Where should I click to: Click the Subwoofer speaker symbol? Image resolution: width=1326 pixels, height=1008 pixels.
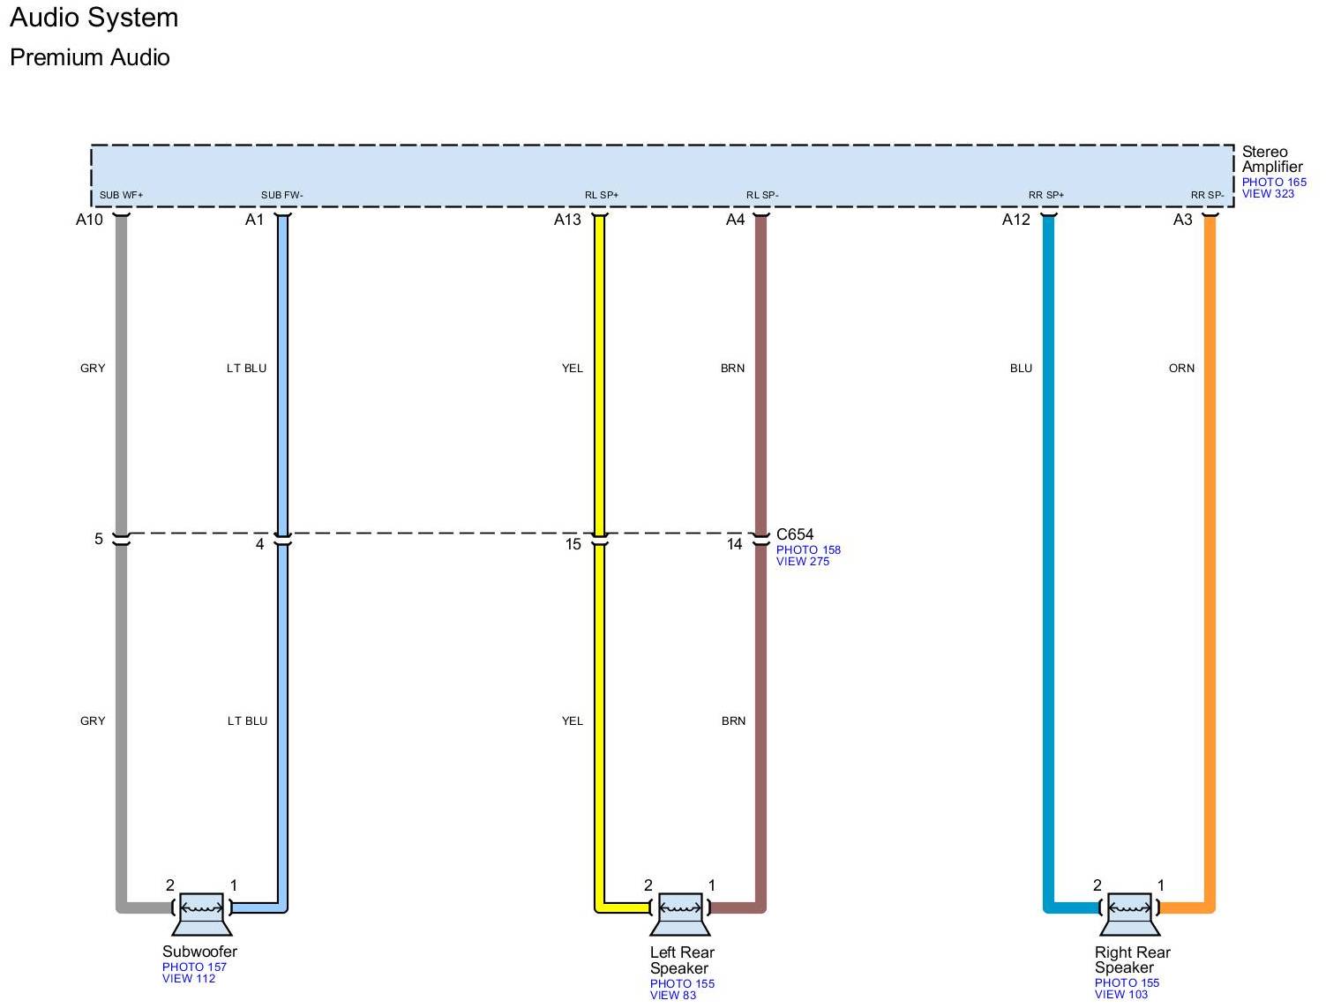[201, 912]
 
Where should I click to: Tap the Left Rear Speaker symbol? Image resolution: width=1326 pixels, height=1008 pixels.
[680, 912]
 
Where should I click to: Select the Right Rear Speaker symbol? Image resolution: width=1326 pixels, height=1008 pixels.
[1129, 912]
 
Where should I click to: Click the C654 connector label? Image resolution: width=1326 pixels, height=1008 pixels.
[795, 534]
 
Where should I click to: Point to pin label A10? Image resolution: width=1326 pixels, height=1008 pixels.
[89, 220]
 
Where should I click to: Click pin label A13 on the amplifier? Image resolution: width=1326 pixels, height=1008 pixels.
[567, 220]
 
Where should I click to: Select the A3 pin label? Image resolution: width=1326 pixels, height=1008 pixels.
[1182, 220]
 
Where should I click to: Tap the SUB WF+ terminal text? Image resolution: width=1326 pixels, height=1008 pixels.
[121, 195]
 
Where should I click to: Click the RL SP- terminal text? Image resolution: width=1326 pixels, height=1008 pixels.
[762, 195]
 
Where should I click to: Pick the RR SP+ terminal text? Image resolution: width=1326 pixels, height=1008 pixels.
[1046, 195]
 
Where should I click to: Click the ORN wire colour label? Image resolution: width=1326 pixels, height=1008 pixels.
[1181, 369]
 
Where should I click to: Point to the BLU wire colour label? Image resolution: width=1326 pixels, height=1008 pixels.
[1021, 369]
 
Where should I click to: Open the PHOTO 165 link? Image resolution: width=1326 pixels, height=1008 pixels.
[1274, 183]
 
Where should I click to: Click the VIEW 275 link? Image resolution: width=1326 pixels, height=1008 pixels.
[803, 562]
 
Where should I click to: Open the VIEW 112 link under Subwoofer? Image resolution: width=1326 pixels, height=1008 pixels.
[189, 978]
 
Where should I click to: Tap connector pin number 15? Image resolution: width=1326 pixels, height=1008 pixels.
[573, 544]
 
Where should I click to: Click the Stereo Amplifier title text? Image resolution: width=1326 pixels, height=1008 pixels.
[1271, 159]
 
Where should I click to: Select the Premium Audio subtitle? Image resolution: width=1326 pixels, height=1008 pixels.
[90, 57]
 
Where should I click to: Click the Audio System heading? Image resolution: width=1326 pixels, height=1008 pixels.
[94, 18]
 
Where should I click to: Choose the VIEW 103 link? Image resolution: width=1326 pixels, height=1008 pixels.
[1121, 995]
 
